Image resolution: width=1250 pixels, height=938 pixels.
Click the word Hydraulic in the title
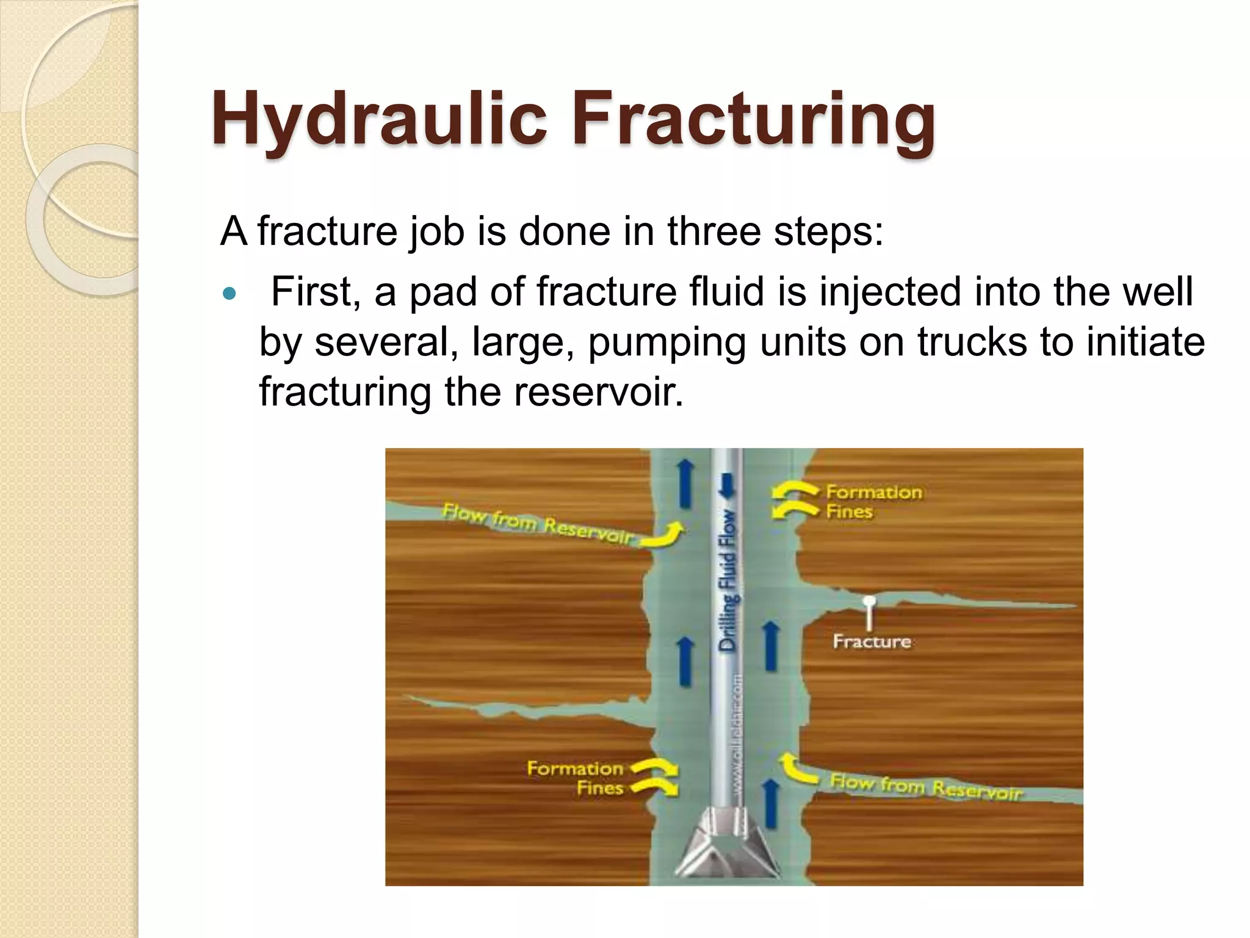tap(378, 119)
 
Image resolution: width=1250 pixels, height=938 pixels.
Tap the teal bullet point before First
tap(229, 294)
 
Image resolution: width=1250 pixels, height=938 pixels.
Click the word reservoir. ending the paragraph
tap(598, 391)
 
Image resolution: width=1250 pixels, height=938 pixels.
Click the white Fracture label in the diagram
tap(872, 642)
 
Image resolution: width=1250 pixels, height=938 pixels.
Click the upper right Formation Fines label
tap(873, 501)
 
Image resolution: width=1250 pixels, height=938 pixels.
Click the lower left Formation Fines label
tap(575, 777)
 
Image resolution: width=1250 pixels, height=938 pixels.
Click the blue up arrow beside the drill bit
tap(771, 803)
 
